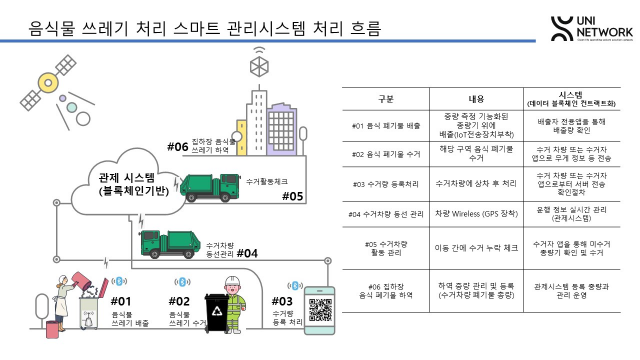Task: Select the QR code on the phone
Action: [x=319, y=311]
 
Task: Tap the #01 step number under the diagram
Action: [x=122, y=299]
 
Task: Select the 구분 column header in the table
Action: [x=385, y=99]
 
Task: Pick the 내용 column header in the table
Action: [x=477, y=99]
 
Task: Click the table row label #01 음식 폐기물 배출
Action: [x=385, y=127]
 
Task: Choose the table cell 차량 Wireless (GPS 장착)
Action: [x=477, y=212]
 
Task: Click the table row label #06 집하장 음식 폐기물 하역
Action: [x=385, y=289]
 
